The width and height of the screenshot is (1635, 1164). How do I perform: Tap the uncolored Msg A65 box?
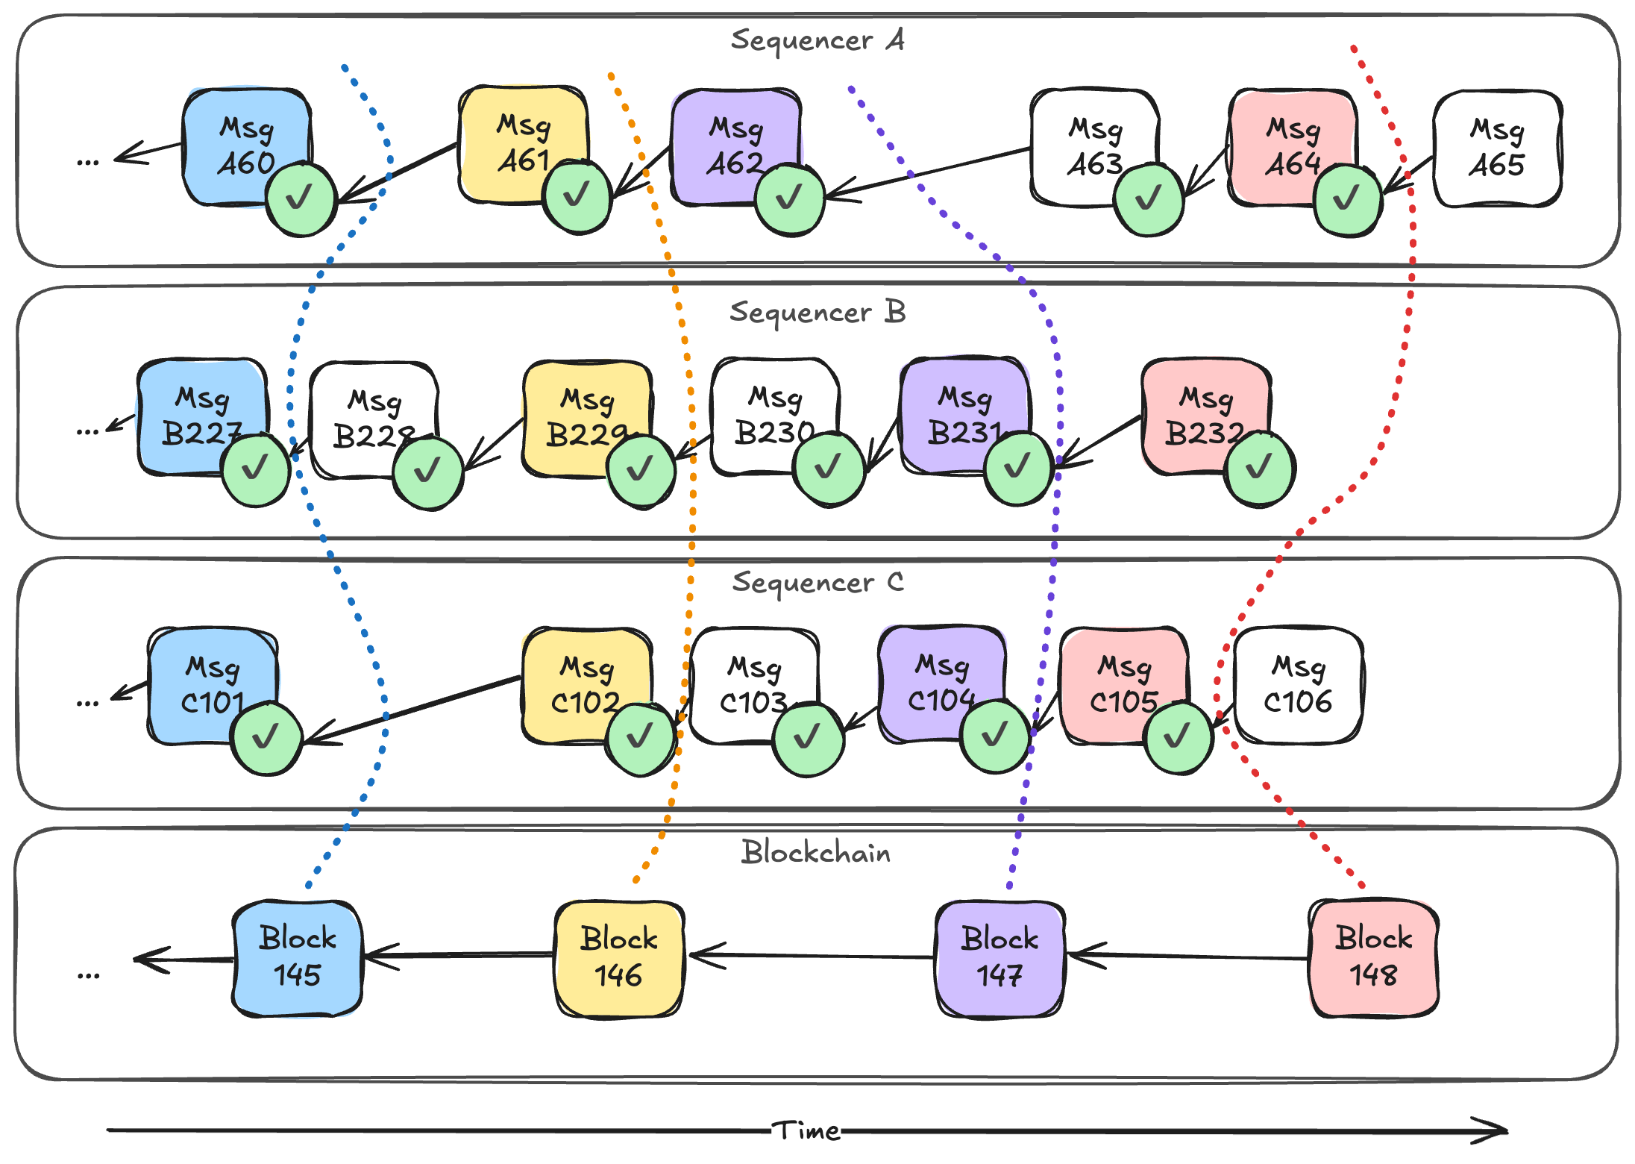point(1497,148)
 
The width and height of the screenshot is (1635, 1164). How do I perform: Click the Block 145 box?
point(297,957)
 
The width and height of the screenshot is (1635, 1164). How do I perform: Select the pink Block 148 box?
point(1373,957)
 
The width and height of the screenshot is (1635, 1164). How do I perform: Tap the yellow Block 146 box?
point(618,957)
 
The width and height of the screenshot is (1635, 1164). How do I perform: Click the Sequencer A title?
point(817,40)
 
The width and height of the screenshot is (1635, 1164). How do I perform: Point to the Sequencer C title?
point(817,582)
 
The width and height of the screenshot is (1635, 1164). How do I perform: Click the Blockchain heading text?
point(815,852)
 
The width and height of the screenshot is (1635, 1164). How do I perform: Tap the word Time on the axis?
point(806,1130)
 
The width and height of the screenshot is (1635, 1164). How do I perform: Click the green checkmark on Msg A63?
point(1148,199)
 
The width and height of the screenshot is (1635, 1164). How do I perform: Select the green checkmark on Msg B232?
point(1259,469)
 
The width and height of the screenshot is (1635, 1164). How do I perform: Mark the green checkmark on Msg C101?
point(266,737)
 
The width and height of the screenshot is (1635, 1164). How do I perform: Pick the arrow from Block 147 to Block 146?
point(813,956)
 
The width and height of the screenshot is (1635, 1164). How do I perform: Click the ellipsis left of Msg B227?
point(87,431)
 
